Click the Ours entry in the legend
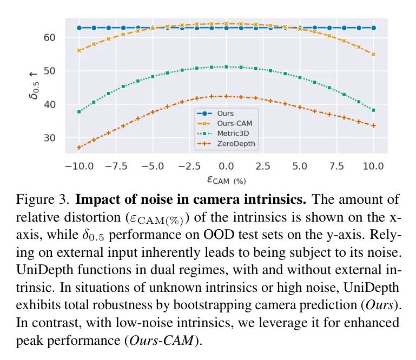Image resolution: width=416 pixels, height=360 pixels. point(225,114)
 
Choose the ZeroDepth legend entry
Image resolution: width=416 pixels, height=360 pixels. point(235,144)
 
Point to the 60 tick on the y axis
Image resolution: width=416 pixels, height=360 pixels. point(52,37)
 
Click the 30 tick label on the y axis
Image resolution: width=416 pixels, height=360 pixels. point(52,138)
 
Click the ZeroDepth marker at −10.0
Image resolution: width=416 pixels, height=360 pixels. point(79,148)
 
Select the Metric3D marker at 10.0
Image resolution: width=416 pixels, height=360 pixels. point(373,110)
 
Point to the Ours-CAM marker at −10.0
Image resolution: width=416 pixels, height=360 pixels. point(79,51)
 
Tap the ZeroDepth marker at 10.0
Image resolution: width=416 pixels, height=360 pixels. point(373,125)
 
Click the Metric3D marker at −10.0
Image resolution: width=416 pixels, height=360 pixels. point(79,112)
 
